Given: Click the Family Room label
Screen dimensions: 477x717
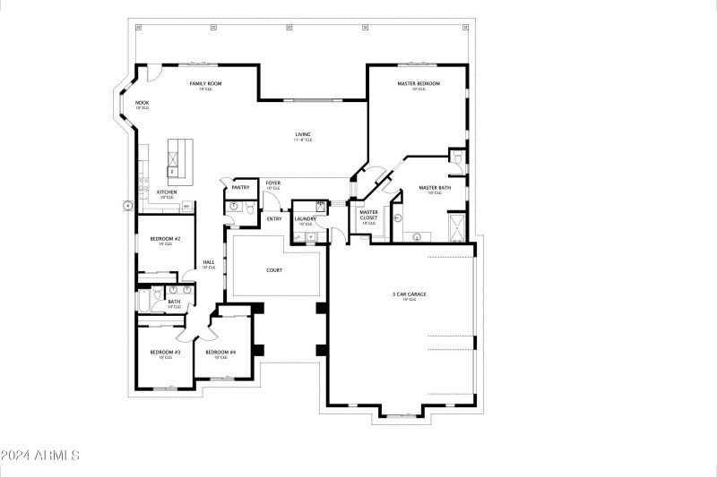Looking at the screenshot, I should [x=204, y=83].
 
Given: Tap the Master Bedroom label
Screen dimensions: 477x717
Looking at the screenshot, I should [x=419, y=83].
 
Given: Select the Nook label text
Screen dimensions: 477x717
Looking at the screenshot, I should [x=142, y=103].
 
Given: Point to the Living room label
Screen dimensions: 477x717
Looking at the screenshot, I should [x=303, y=135].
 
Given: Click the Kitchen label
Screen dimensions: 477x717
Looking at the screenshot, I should [x=167, y=192].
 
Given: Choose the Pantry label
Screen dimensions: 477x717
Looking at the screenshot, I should [x=240, y=187].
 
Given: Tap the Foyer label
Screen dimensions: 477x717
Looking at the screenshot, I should [x=272, y=183].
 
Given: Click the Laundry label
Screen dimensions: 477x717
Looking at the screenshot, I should [x=303, y=218].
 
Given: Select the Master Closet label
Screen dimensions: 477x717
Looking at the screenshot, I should [x=368, y=215].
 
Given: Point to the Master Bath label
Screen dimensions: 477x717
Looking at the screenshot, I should [x=435, y=188].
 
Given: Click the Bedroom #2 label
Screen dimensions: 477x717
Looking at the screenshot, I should [x=165, y=239].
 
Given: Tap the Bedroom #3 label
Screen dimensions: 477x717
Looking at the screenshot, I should [x=165, y=353].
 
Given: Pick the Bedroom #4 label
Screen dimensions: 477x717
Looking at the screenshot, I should [x=220, y=353].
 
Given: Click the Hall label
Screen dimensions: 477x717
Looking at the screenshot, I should [x=208, y=262].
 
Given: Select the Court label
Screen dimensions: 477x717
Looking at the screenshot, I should [x=274, y=269].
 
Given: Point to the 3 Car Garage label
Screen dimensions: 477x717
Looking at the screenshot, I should [x=409, y=294].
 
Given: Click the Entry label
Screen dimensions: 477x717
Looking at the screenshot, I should [x=274, y=218].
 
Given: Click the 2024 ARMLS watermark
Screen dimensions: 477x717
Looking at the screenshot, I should [x=41, y=456].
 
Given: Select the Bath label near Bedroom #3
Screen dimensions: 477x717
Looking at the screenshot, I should [x=175, y=302].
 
